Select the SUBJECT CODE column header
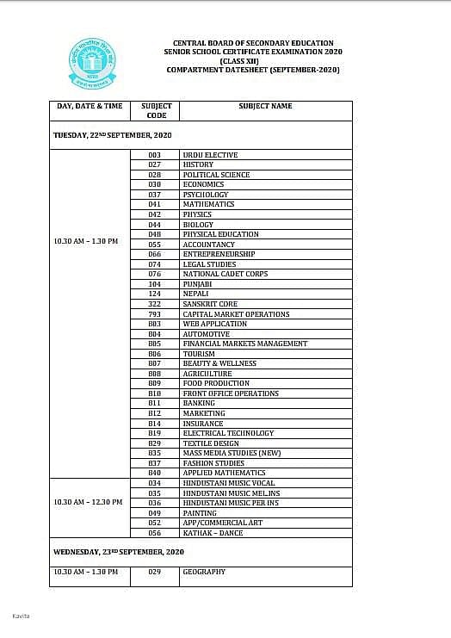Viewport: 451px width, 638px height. [156, 110]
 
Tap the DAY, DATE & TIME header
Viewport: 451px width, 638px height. [90, 106]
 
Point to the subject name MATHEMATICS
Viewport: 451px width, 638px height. [208, 204]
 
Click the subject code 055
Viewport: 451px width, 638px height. [155, 245]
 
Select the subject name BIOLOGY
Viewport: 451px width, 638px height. [198, 225]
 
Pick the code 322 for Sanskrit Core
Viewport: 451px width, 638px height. [155, 304]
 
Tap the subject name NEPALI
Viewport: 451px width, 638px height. [195, 294]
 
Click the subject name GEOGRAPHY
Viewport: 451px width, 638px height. [204, 572]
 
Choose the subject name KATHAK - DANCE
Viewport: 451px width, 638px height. [213, 533]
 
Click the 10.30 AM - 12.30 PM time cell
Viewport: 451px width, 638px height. [88, 502]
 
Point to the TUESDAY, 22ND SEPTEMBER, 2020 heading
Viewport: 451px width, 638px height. [113, 136]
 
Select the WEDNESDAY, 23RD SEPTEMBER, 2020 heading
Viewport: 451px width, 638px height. [119, 551]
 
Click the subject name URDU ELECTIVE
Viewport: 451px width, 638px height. [210, 155]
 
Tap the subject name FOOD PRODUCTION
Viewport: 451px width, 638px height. [216, 383]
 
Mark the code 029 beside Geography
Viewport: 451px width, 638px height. [155, 572]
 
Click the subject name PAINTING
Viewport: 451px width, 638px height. [200, 512]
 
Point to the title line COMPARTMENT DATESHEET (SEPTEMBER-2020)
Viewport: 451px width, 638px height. [253, 69]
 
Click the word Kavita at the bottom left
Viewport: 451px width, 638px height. [20, 616]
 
